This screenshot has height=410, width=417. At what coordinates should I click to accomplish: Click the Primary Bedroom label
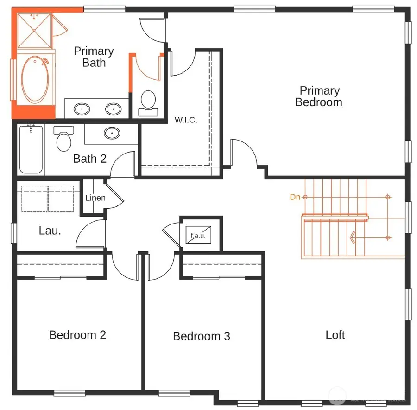tap(319, 96)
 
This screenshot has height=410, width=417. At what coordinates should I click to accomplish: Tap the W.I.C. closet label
tap(186, 120)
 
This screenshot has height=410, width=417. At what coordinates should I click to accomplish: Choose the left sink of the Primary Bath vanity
tap(82, 109)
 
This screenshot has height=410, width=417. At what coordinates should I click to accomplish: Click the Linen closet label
tap(95, 198)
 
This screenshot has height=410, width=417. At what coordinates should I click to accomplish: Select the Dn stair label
tap(295, 197)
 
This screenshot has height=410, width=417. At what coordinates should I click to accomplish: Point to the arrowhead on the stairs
tap(353, 238)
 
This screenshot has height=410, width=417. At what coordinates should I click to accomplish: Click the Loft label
tap(335, 335)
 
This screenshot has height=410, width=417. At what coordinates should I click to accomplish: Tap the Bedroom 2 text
tap(77, 334)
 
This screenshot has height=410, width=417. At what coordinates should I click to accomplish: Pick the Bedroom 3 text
tap(201, 336)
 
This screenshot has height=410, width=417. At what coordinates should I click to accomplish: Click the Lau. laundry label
tap(50, 231)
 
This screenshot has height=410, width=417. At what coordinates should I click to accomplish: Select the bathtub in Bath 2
tap(32, 149)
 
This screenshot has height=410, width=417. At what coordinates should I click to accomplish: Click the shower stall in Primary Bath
tap(35, 30)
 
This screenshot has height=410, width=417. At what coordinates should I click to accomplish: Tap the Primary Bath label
tap(94, 57)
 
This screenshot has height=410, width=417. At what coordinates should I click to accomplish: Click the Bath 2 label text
tap(89, 159)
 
